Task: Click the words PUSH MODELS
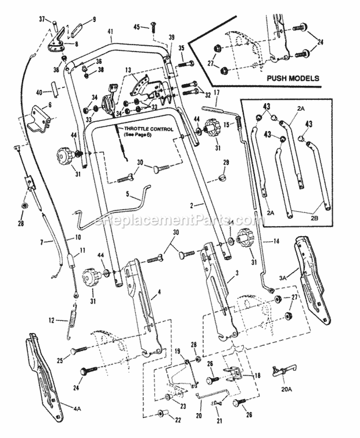tap(293, 77)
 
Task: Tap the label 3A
tap(283, 277)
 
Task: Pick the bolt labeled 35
tap(187, 64)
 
